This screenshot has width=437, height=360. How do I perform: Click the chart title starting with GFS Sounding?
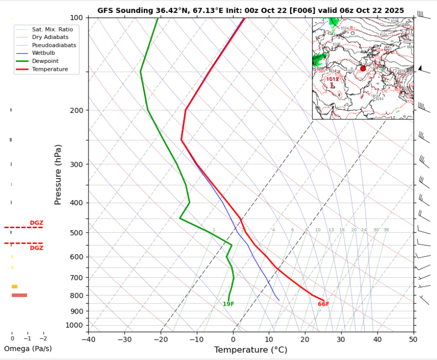click(x=251, y=10)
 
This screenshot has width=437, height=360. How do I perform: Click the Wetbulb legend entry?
click(x=43, y=53)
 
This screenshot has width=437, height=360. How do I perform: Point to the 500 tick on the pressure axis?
click(x=78, y=233)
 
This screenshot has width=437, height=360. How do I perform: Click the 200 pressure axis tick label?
click(x=78, y=110)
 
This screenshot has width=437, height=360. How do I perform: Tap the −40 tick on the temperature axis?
click(x=88, y=340)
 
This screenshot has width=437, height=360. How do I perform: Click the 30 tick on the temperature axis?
click(x=341, y=340)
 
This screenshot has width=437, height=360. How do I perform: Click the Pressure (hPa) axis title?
click(x=58, y=174)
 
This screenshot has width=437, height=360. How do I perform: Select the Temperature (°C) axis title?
click(x=251, y=350)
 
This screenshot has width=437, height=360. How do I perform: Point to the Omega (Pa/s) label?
click(x=28, y=349)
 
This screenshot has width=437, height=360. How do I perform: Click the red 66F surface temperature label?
click(x=324, y=304)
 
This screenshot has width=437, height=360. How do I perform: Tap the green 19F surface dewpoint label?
click(x=228, y=304)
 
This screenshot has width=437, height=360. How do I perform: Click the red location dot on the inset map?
click(x=363, y=68)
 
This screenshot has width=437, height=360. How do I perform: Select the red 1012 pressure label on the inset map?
click(x=333, y=79)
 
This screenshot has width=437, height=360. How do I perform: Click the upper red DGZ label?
click(x=36, y=223)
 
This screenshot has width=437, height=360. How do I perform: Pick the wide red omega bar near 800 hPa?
click(x=19, y=295)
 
